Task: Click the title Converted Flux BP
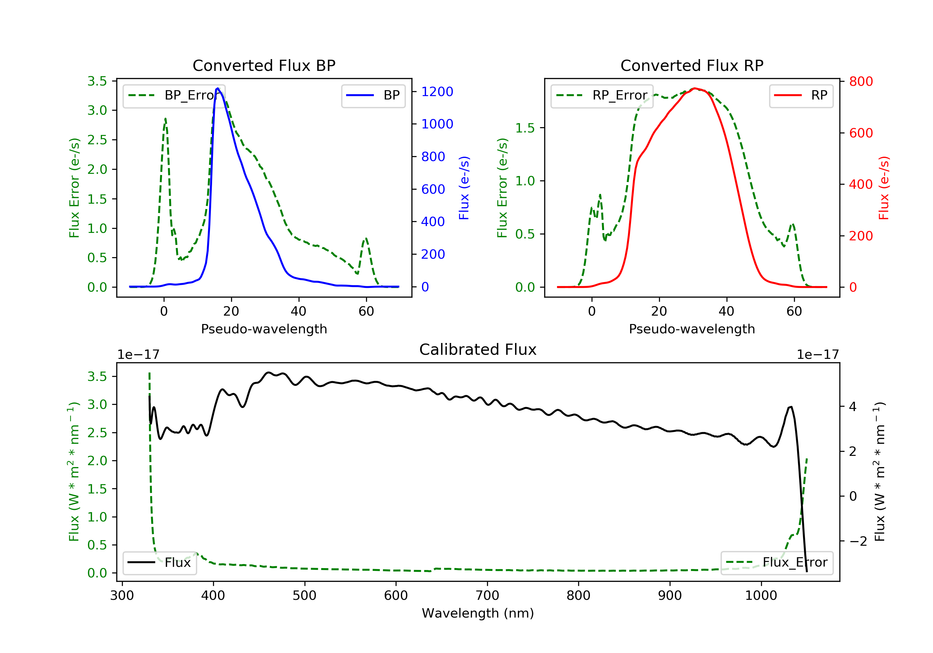(264, 65)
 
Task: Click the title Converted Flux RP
(692, 65)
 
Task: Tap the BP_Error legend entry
(174, 95)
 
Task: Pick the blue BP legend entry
(373, 95)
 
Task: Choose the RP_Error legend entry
(602, 95)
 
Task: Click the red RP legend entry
(801, 95)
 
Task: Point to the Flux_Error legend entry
(777, 563)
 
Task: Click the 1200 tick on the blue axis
(437, 92)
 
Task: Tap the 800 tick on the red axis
(861, 81)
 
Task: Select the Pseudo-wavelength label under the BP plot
(264, 329)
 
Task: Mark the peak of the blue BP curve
(218, 88)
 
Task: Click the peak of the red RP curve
(695, 88)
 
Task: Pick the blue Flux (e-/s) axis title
(464, 188)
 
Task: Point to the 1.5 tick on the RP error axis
(525, 128)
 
